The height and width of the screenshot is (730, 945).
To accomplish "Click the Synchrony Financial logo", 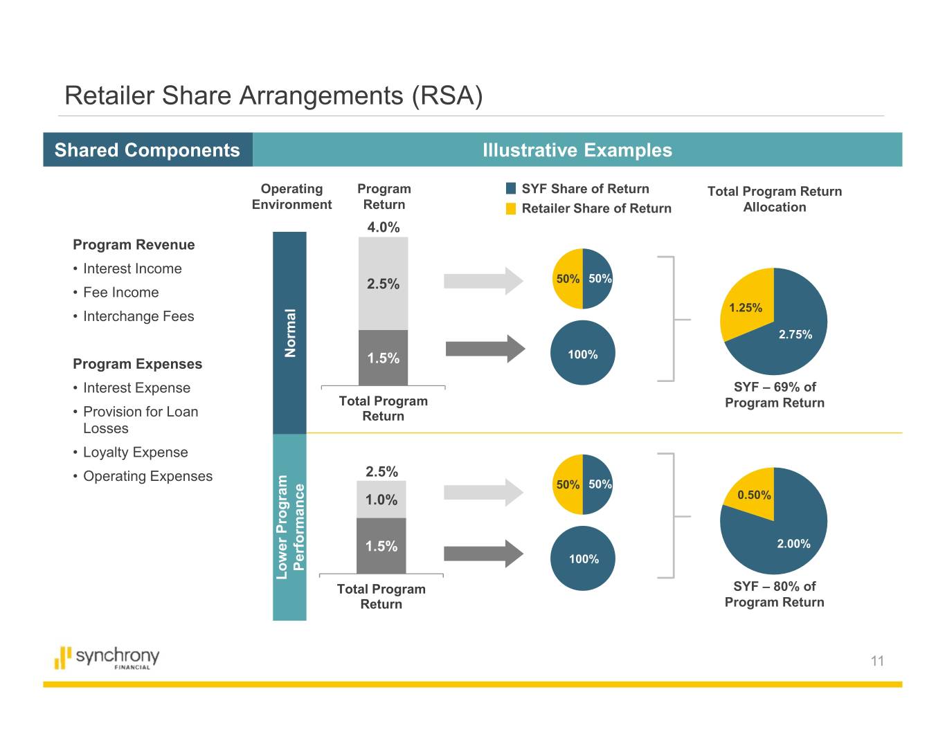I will click(107, 657).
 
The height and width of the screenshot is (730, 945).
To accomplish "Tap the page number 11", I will click(877, 661).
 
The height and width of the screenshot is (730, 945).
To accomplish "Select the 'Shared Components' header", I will click(147, 150).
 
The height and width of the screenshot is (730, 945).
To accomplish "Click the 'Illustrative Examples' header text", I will click(577, 150).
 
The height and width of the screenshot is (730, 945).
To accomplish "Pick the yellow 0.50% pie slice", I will click(752, 491).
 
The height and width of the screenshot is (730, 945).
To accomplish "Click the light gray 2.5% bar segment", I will click(383, 284).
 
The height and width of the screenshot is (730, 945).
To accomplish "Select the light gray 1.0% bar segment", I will click(381, 500).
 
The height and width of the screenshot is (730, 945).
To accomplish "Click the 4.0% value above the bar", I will click(383, 227).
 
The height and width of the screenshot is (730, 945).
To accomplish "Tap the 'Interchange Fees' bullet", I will click(138, 316).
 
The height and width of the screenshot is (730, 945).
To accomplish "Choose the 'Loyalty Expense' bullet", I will click(135, 453).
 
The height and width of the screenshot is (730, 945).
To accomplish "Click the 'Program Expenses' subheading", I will click(138, 364).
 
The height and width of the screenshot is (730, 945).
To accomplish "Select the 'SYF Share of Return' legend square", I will click(511, 189).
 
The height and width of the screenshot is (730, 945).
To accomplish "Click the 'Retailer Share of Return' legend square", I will click(511, 208).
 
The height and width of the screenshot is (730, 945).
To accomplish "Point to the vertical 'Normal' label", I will click(290, 334).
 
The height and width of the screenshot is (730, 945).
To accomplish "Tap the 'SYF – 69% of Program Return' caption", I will click(774, 395).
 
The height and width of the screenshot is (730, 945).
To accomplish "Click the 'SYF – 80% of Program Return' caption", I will click(774, 594).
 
